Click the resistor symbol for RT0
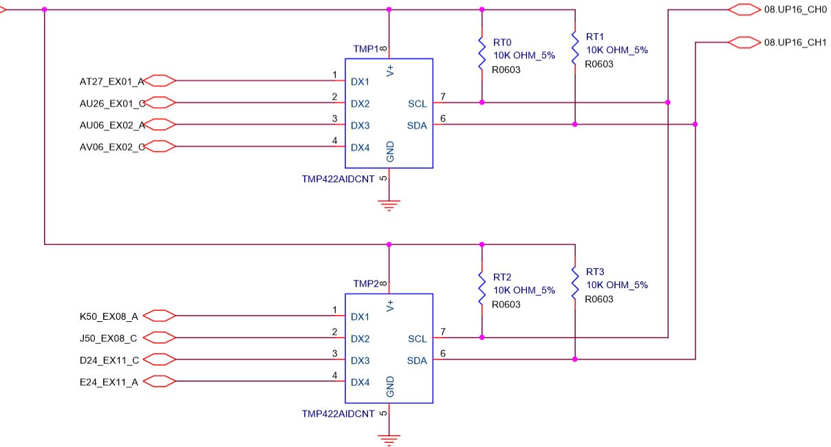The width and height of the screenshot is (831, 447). [x=482, y=54]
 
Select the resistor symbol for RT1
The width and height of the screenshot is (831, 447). [x=575, y=49]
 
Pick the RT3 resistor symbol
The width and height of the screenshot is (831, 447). [x=575, y=283]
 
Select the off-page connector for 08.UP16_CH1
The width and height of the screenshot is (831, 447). [x=743, y=43]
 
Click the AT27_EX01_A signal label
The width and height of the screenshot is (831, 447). [x=112, y=82]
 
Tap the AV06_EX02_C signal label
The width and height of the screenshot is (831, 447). [x=112, y=147]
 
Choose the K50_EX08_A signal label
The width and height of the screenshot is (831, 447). [x=109, y=317]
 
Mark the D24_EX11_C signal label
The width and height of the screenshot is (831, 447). [x=109, y=360]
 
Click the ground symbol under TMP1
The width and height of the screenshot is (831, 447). [x=389, y=205]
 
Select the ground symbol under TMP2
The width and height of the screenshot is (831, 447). [x=389, y=439]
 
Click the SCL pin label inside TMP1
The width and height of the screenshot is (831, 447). [x=417, y=104]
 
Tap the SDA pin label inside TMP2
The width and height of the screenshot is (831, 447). [x=417, y=361]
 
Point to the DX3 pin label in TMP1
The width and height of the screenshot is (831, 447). [x=360, y=126]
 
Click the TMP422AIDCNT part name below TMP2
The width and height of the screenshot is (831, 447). [x=338, y=414]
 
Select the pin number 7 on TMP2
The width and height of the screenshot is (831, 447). [x=443, y=332]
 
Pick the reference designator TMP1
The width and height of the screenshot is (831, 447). [x=366, y=49]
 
